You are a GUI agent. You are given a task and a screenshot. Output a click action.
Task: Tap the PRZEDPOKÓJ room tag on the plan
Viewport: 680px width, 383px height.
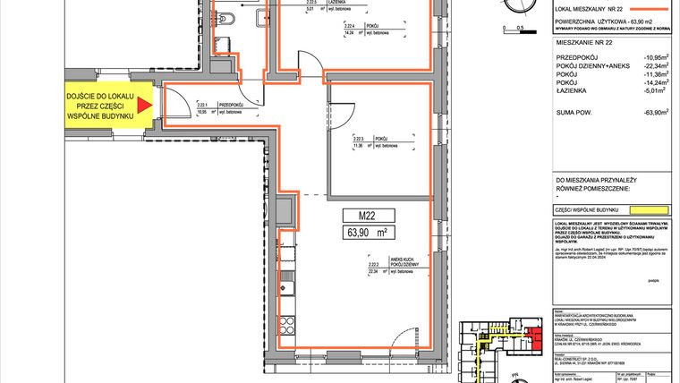click(209, 108)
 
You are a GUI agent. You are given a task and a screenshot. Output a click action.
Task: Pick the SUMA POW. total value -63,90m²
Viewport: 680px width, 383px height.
click(652, 139)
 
